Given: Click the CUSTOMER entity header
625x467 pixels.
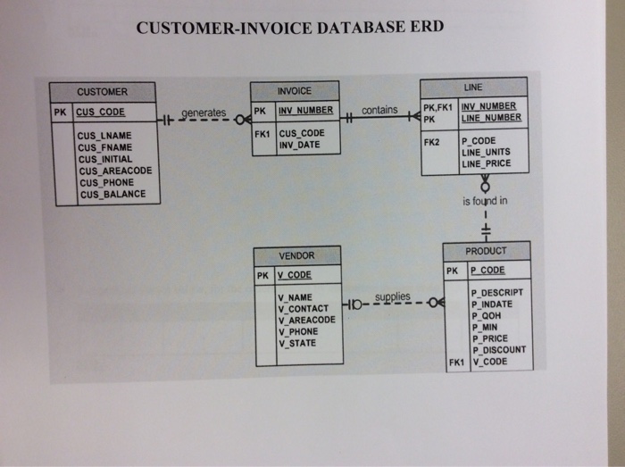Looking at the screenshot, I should pyautogui.click(x=102, y=92).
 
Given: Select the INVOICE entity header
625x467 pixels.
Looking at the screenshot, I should pyautogui.click(x=295, y=91).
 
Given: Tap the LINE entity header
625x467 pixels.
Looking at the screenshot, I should pyautogui.click(x=473, y=87).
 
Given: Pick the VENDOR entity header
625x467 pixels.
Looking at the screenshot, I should pyautogui.click(x=296, y=255).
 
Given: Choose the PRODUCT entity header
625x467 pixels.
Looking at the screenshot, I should pyautogui.click(x=487, y=251).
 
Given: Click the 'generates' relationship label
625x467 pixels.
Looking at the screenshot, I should pyautogui.click(x=204, y=113).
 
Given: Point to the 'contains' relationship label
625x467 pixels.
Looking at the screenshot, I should pyautogui.click(x=380, y=110).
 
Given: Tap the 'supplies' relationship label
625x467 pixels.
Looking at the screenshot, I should pyautogui.click(x=393, y=296).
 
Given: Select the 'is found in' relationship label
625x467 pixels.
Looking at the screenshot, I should pyautogui.click(x=485, y=201).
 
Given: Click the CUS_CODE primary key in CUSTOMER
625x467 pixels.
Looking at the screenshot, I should pyautogui.click(x=101, y=113).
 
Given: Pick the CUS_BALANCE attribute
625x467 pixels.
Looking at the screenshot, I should pyautogui.click(x=112, y=194).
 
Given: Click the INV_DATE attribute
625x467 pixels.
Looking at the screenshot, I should pyautogui.click(x=299, y=145).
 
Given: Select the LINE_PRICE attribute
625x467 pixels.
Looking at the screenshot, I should pyautogui.click(x=486, y=163).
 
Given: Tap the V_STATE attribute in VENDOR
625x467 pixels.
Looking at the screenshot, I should pyautogui.click(x=297, y=342).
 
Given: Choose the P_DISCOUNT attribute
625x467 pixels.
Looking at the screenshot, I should pyautogui.click(x=498, y=350).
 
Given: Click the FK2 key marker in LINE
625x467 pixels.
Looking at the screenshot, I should pyautogui.click(x=432, y=142).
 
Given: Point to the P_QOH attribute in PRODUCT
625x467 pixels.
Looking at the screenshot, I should pyautogui.click(x=486, y=315).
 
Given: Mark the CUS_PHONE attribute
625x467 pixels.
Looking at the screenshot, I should pyautogui.click(x=105, y=182).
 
